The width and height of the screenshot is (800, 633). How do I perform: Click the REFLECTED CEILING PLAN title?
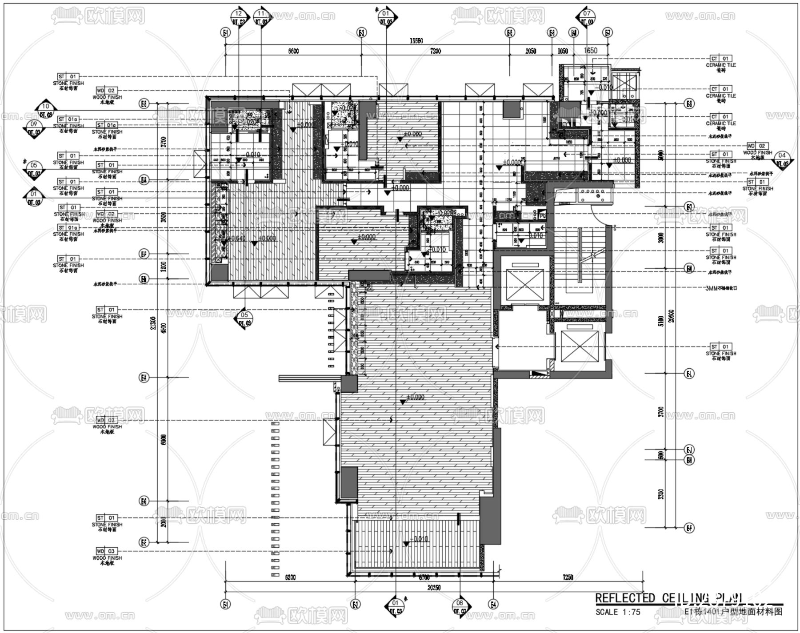pyautogui.click(x=669, y=598)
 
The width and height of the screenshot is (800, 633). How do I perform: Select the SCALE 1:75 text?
pyautogui.click(x=618, y=612)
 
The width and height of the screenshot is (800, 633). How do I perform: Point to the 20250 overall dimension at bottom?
pyautogui.click(x=433, y=587)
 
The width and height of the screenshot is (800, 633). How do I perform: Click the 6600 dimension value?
pyautogui.click(x=293, y=51)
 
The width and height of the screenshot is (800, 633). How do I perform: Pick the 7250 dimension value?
pyautogui.click(x=568, y=577)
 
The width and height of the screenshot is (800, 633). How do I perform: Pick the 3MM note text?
pyautogui.click(x=721, y=287)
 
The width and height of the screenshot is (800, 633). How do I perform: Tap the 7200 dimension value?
pyautogui.click(x=436, y=51)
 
